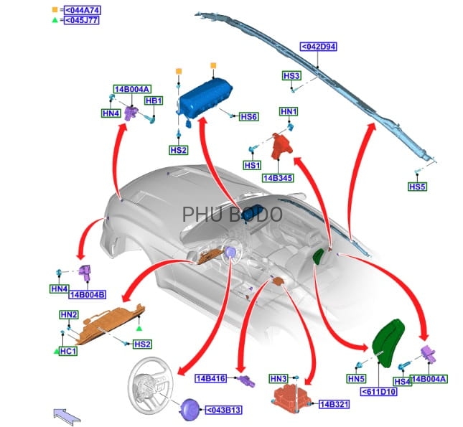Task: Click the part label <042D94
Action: (x=319, y=47)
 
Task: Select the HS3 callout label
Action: (x=291, y=75)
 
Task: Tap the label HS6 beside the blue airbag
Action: (x=248, y=117)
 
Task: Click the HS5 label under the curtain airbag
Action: (x=417, y=187)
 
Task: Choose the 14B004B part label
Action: (x=88, y=294)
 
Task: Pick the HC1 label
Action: (x=69, y=352)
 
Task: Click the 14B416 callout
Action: (x=211, y=377)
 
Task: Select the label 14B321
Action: (x=334, y=405)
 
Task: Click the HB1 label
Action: (x=154, y=101)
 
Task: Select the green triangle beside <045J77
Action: (x=55, y=20)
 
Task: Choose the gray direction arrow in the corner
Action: (x=67, y=413)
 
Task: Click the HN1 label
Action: (x=289, y=112)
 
